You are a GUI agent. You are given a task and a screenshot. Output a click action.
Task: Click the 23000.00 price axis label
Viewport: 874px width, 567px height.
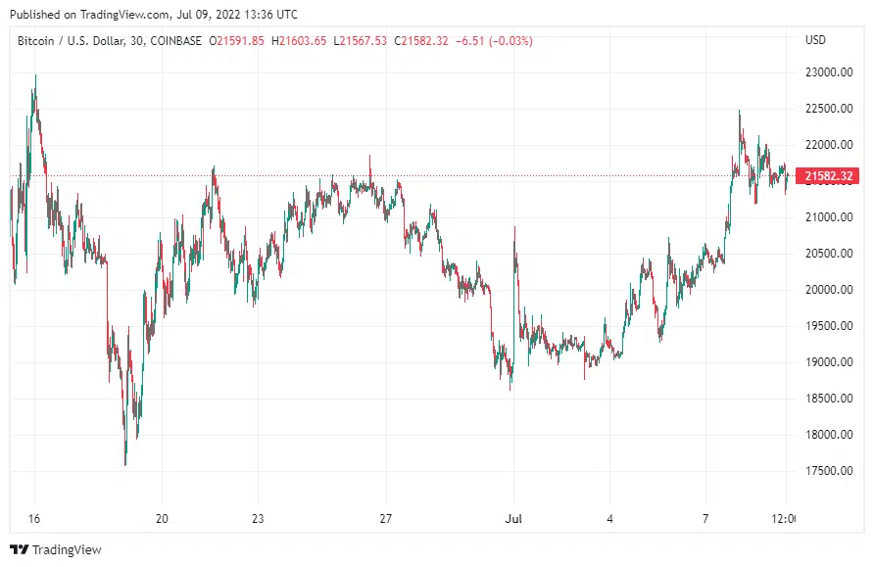pos(826,72)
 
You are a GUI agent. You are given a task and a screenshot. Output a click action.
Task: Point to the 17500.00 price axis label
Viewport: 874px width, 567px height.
pos(826,471)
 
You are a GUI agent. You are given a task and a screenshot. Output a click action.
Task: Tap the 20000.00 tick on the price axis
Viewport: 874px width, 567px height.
pos(826,290)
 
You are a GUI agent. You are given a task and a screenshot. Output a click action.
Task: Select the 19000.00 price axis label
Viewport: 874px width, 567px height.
pos(826,362)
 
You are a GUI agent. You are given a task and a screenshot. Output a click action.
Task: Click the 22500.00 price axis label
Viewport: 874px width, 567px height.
pos(826,109)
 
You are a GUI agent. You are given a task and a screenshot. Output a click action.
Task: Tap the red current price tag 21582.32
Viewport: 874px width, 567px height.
pos(829,176)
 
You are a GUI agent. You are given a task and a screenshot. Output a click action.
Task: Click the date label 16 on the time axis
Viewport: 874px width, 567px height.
pos(35,519)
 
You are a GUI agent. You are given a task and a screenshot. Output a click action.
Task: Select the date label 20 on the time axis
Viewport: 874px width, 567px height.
pos(163,519)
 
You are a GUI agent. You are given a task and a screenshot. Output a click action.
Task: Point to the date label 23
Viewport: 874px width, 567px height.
pos(258,519)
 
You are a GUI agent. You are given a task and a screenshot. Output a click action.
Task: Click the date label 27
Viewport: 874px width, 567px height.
pos(386,519)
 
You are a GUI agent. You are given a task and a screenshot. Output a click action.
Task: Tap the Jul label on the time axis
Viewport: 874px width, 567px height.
pos(512,519)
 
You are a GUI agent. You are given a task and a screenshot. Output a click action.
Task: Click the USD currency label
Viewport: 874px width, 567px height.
pos(815,40)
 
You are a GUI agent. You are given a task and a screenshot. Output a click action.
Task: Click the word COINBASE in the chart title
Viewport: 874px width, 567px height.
pos(172,40)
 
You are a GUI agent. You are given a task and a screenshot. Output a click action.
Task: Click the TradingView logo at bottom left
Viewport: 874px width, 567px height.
pos(55,550)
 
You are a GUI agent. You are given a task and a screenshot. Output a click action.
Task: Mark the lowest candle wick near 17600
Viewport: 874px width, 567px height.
pos(125,463)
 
